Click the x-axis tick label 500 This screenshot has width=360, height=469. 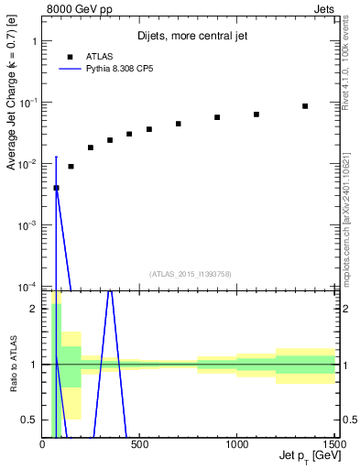pyautogui.click(x=140, y=445)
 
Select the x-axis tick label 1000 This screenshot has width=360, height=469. pyautogui.click(x=237, y=445)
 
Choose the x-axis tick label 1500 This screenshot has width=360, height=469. pyautogui.click(x=333, y=445)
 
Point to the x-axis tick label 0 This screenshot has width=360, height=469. pyautogui.click(x=43, y=445)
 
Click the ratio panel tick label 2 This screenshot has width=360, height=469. pyautogui.click(x=33, y=309)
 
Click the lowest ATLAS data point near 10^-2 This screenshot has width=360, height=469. pyautogui.click(x=56, y=188)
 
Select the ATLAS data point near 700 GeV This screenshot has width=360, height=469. pyautogui.click(x=179, y=124)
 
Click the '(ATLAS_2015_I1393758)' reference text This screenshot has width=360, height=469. pyautogui.click(x=190, y=273)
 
